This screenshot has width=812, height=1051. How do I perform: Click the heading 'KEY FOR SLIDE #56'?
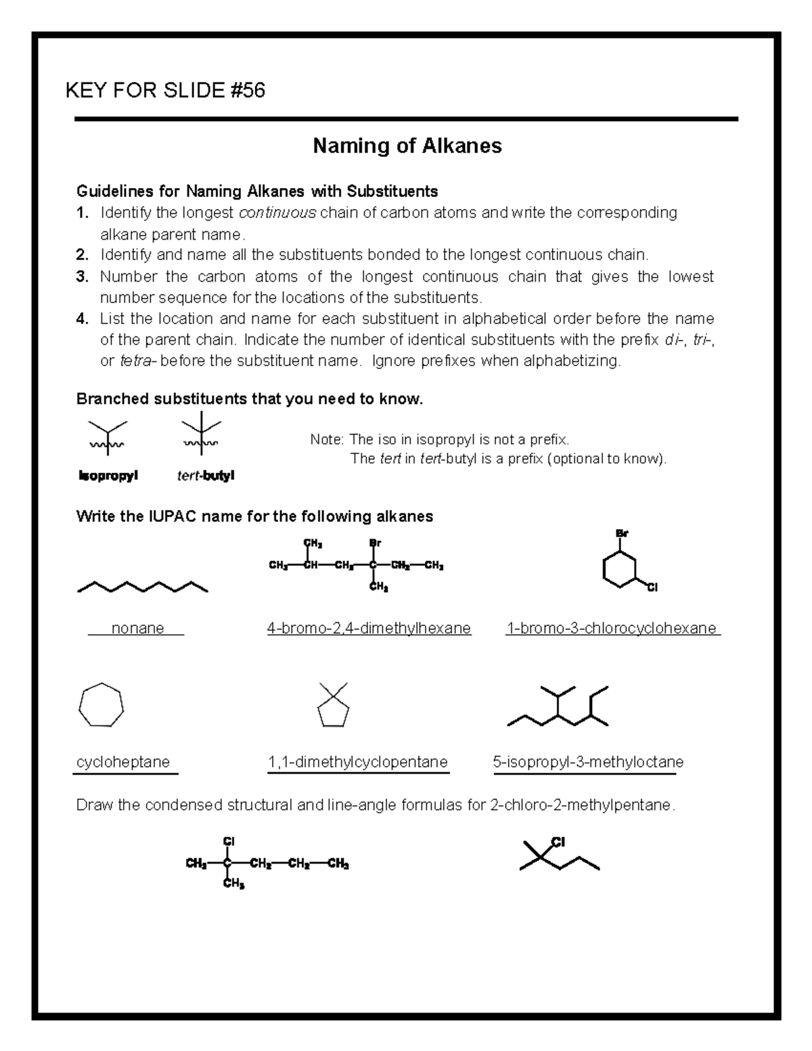point(165,90)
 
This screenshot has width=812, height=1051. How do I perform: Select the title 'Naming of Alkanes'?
point(407,146)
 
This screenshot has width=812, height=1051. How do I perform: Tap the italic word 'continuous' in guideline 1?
point(277,213)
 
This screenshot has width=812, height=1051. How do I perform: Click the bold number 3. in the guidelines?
point(83,277)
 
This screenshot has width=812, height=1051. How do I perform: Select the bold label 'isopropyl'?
point(108,476)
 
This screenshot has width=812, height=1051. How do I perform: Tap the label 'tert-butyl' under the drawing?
point(206,476)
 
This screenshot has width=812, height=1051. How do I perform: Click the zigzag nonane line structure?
point(143,586)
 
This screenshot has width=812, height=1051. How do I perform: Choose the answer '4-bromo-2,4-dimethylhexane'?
point(369,629)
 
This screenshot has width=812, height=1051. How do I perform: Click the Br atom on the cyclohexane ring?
point(622,533)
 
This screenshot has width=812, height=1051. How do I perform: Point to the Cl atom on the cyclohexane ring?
point(652,587)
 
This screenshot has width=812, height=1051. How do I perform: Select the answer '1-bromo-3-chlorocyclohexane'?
point(612,629)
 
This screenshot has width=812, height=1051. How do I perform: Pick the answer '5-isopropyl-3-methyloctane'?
point(588,763)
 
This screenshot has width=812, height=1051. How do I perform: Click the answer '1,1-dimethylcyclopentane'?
point(358,763)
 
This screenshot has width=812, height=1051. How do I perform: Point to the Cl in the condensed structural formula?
point(228,841)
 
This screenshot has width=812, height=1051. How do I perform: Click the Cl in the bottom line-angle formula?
point(558,843)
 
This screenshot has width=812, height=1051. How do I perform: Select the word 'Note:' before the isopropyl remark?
point(327,440)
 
